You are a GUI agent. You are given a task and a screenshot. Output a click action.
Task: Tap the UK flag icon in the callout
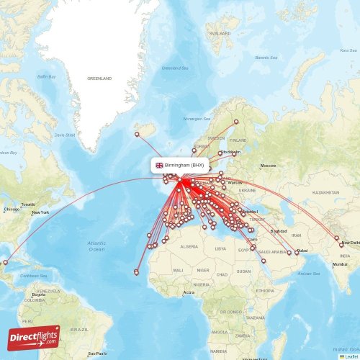pyautogui.click(x=159, y=165)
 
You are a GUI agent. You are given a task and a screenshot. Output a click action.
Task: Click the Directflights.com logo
pyautogui.click(x=34, y=336)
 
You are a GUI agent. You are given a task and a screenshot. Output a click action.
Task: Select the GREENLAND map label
pyautogui.click(x=99, y=78)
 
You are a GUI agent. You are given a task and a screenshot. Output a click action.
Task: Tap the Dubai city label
pyautogui.click(x=302, y=250)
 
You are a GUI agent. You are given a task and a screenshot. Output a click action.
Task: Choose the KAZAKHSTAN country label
pyautogui.click(x=325, y=193)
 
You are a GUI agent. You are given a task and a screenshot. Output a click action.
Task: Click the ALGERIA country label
pyautogui.click(x=188, y=246)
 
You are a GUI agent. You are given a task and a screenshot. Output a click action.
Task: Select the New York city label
pyautogui.click(x=40, y=212)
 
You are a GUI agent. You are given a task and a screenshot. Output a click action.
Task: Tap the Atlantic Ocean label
pyautogui.click(x=96, y=246)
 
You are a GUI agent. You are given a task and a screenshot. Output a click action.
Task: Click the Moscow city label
pyautogui.click(x=268, y=166)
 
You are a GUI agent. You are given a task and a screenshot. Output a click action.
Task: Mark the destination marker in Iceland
pyautogui.click(x=137, y=134)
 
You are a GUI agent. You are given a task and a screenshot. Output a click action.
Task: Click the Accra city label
pyautogui.click(x=189, y=292)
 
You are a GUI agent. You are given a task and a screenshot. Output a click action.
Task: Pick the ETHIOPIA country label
pyautogui.click(x=264, y=290)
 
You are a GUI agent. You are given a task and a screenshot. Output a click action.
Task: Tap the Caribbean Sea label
pyautogui.click(x=33, y=275)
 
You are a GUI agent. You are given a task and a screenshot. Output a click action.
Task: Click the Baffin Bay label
pyautogui.click(x=46, y=76)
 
